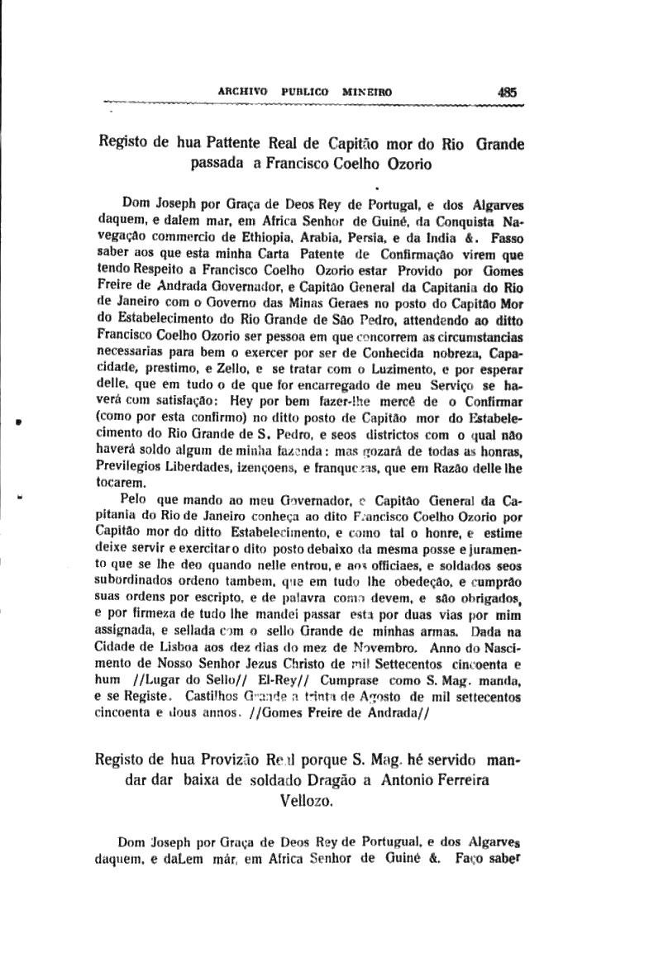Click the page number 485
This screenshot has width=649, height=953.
[508, 93]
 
